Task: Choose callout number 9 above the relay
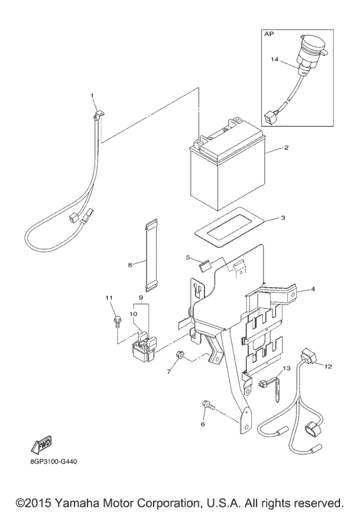[139, 297]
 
